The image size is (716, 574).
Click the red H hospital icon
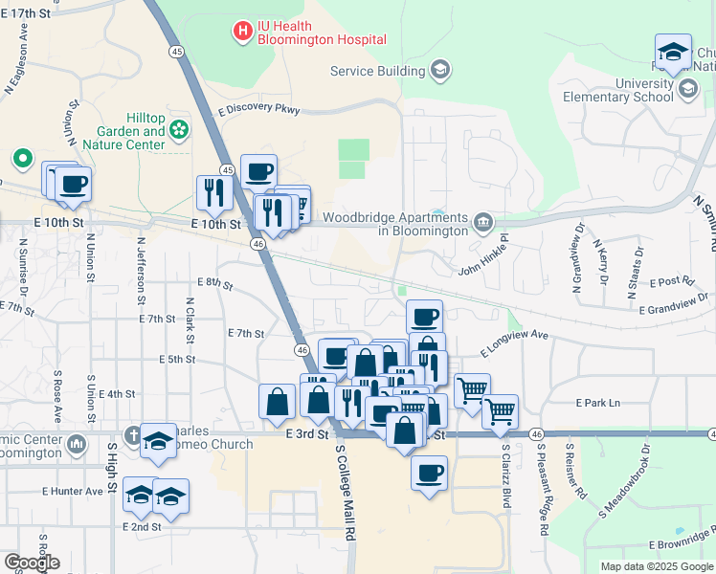[243, 32]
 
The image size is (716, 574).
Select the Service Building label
[377, 71]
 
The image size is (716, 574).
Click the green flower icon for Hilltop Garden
[180, 128]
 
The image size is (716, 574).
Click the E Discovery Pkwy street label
[260, 110]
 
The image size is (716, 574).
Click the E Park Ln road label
[597, 404]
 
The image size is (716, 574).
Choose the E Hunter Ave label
[72, 492]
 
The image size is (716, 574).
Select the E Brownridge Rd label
[682, 544]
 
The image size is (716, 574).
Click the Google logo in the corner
[31, 563]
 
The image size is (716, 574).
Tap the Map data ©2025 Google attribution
[657, 566]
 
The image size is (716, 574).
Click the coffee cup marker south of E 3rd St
[429, 473]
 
